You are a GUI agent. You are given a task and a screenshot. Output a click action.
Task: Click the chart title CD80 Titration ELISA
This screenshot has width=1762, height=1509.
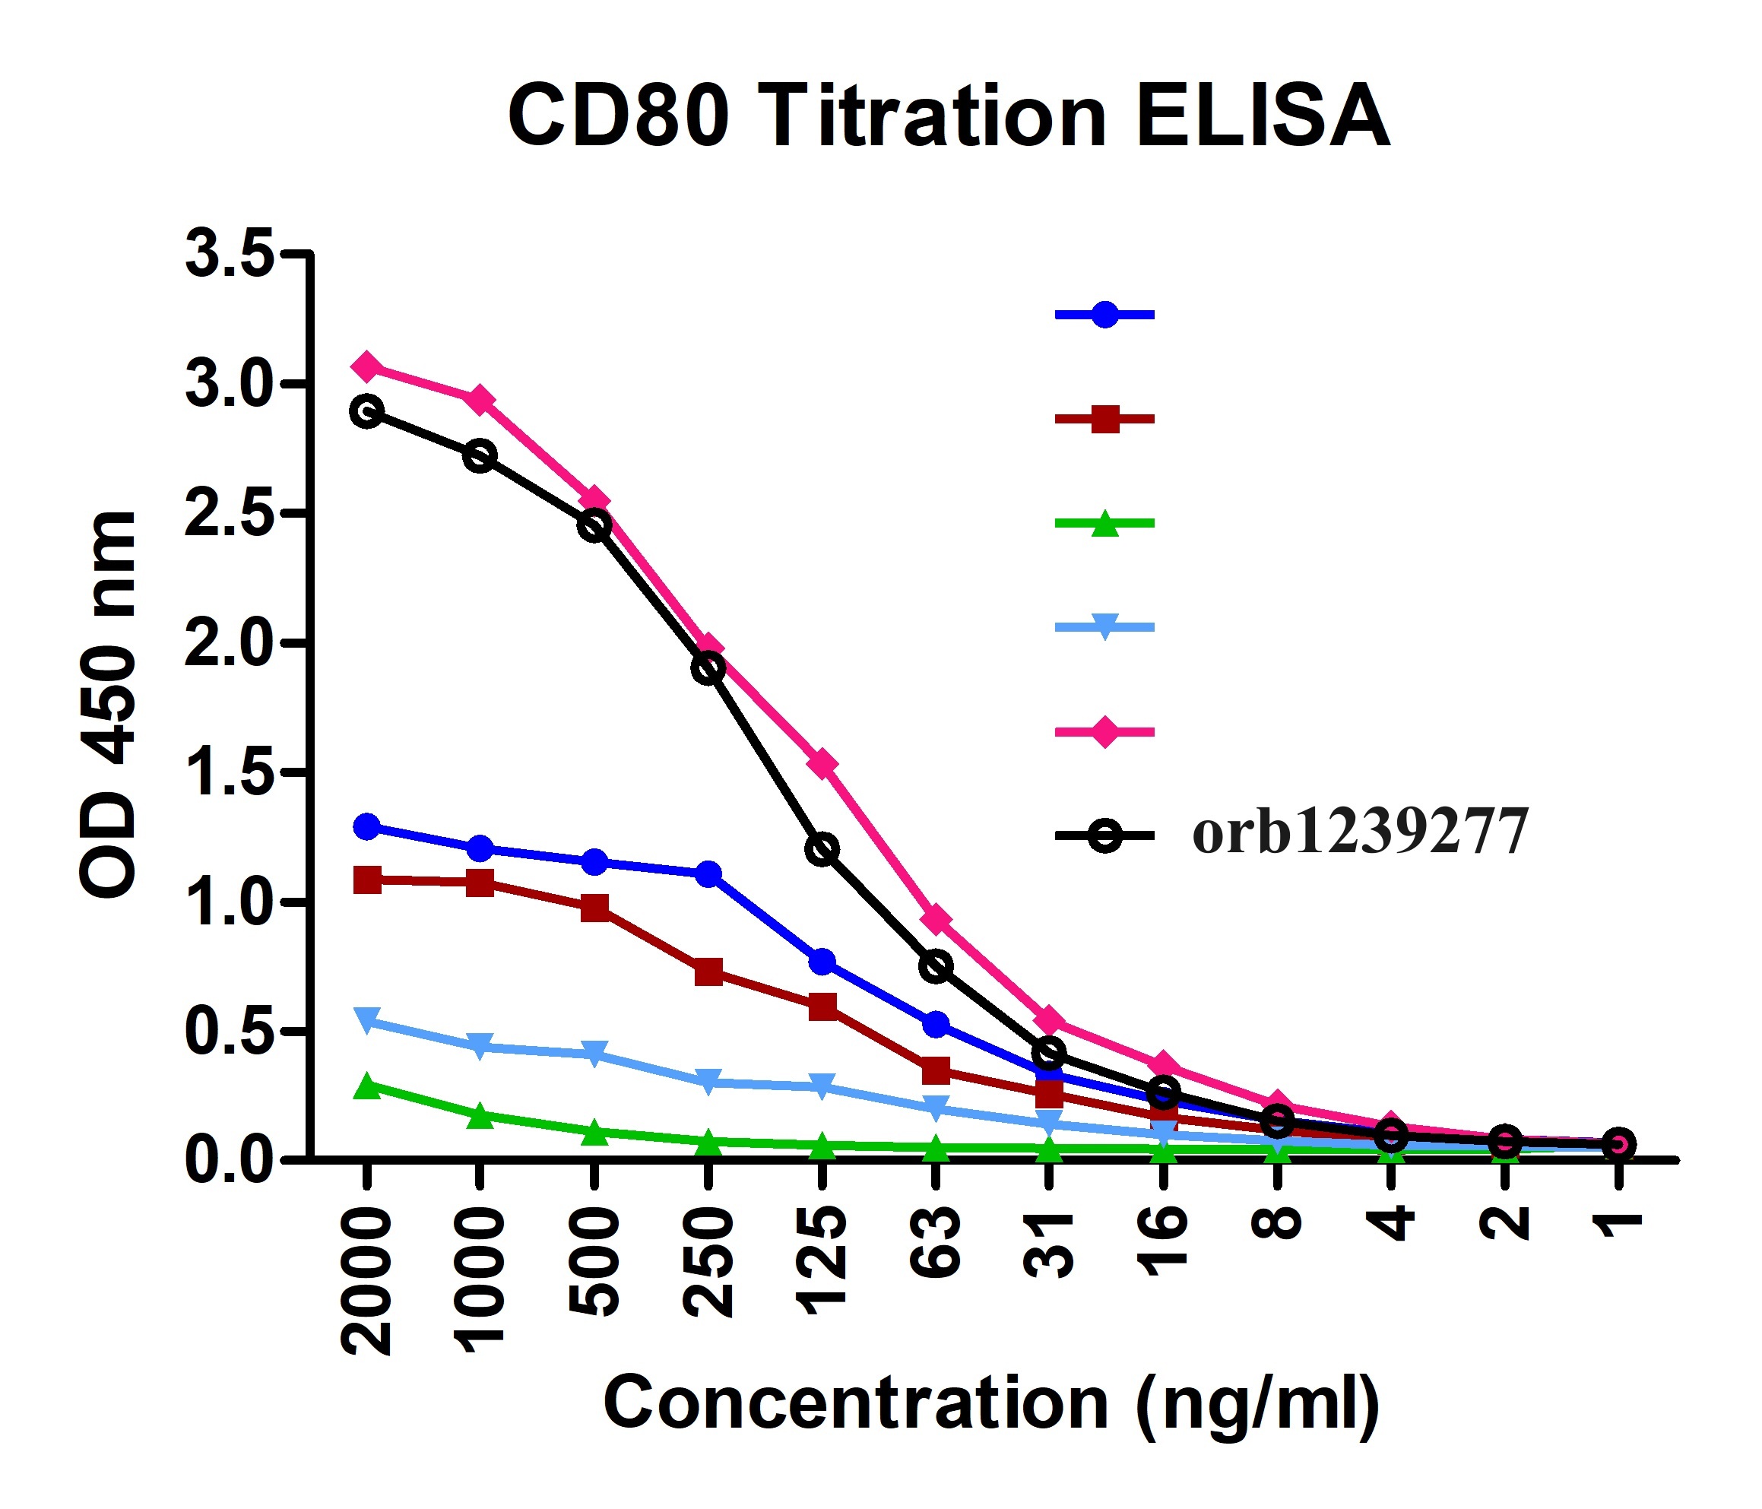coord(948,116)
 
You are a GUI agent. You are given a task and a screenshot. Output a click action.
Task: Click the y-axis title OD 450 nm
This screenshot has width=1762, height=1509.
coord(108,703)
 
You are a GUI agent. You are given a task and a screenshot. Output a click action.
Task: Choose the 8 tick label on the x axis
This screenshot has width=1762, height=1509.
coord(1277,1224)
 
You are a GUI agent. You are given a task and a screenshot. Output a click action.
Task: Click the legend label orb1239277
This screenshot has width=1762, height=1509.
coord(1361,832)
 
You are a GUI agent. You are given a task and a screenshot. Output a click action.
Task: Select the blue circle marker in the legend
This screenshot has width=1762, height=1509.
coord(1104,315)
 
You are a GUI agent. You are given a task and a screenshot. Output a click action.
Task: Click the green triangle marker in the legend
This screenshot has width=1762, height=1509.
coord(1104,523)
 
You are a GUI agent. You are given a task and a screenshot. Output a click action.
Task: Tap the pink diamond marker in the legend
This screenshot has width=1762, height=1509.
coord(1104,731)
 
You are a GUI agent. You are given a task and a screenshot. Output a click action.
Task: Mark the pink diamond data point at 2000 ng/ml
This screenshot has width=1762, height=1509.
coord(366,366)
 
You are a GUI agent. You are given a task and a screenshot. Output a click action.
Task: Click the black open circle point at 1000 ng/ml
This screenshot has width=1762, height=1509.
coord(480,456)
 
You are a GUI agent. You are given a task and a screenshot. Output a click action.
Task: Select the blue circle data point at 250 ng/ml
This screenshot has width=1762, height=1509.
coord(708,873)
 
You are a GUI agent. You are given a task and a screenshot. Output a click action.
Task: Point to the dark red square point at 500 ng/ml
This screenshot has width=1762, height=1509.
coord(594,908)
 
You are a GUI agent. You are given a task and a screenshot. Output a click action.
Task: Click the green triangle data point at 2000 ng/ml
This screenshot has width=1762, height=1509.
coord(366,1086)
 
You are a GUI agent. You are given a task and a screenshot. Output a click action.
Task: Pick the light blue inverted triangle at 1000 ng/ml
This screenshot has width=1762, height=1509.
coord(480,1045)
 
